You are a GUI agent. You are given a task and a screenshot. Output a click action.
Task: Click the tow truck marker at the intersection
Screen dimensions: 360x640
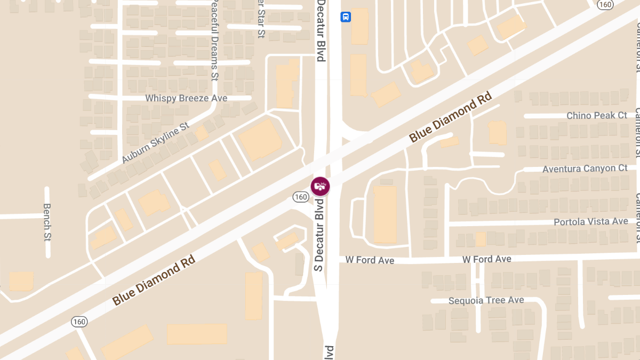point(320,186)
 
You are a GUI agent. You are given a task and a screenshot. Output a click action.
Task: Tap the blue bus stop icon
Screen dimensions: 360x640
point(346,17)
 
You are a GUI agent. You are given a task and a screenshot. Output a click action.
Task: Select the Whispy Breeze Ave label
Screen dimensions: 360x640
point(186,98)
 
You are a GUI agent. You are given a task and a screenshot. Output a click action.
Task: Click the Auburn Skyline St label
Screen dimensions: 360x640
point(155,142)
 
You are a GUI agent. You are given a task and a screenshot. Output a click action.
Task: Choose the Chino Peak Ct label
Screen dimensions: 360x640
point(596,115)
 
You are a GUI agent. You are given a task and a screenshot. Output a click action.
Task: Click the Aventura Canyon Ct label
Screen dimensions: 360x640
point(585,169)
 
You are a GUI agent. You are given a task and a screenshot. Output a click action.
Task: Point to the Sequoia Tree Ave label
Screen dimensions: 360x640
point(486,300)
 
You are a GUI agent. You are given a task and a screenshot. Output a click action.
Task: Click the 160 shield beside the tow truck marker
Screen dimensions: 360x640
point(300,197)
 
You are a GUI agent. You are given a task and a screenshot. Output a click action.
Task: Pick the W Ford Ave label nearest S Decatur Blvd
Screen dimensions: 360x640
point(370,260)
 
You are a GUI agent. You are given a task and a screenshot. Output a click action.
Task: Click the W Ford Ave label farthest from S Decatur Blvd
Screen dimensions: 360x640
point(486,259)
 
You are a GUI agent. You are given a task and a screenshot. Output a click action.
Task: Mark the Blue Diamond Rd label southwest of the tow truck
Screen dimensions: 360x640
point(154,279)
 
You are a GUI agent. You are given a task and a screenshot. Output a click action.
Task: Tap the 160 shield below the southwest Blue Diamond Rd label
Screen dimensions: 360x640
point(79,322)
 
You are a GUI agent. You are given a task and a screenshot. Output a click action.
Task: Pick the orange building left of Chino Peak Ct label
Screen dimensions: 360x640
point(497,132)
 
